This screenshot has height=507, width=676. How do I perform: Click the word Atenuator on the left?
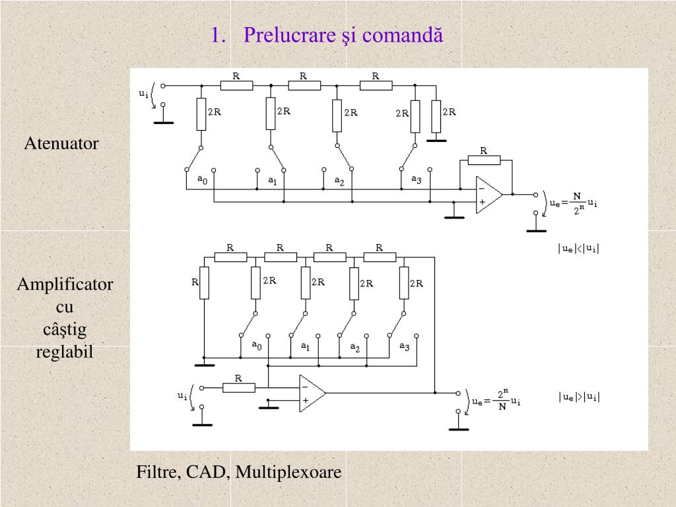point(61,143)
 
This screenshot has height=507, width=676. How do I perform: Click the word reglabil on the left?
point(64,351)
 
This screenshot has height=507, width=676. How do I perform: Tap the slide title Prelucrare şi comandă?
point(343,35)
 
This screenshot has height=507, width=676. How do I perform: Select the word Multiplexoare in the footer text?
point(288,471)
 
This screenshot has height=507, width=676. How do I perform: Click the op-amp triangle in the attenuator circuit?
point(489,195)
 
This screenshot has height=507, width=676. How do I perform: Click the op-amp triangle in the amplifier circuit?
point(312,393)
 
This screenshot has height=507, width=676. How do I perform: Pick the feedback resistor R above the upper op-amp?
point(484,160)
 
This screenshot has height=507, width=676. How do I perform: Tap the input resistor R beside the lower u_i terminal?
point(239,388)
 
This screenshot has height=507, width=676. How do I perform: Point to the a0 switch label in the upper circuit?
point(202,179)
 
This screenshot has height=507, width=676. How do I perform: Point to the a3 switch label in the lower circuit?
point(405,346)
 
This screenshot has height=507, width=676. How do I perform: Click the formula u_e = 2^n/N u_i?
point(496,400)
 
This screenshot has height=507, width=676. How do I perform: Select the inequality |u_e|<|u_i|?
point(578,248)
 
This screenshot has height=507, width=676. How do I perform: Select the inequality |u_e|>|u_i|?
point(579,397)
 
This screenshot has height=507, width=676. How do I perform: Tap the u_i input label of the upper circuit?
point(143,93)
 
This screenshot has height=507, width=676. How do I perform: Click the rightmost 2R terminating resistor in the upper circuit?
point(436,116)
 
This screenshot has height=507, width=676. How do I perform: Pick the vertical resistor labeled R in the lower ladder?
point(204,283)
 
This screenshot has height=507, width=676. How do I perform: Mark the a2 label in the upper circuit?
point(339,181)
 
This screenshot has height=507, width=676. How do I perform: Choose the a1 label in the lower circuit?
point(305,346)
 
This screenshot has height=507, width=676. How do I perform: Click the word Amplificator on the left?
point(65,284)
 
